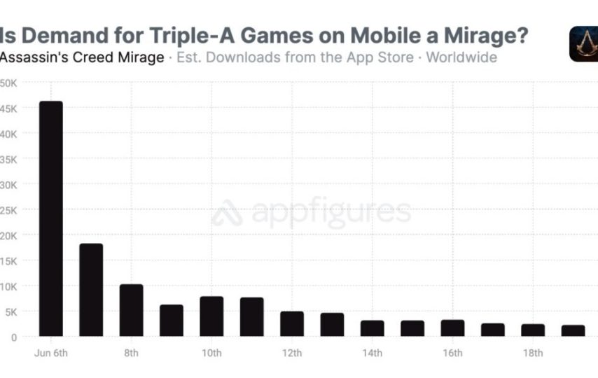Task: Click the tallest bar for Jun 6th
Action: [x=51, y=218]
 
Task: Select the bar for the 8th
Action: [x=131, y=310]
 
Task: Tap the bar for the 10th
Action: [x=211, y=316]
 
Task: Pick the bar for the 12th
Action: [x=292, y=323]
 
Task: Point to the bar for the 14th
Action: [x=372, y=328]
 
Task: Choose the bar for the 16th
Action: [x=452, y=328]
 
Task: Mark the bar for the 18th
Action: [x=533, y=330]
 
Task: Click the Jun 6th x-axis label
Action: [x=51, y=352]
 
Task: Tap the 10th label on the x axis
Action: [x=211, y=352]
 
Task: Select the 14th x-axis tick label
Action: [x=372, y=352]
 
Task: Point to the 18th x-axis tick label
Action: [x=533, y=352]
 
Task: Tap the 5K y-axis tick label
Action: [x=11, y=311]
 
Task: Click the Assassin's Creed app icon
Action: [x=583, y=44]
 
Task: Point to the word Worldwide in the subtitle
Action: [x=461, y=57]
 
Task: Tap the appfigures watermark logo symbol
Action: [x=227, y=213]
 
